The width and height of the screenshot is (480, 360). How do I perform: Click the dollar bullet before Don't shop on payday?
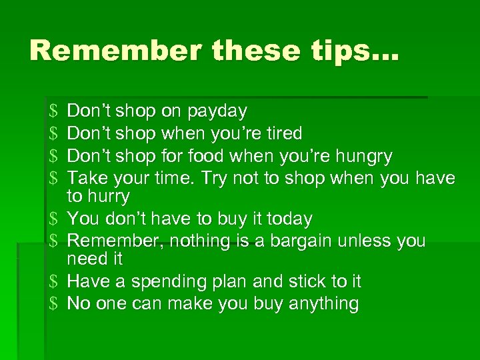tap(54, 111)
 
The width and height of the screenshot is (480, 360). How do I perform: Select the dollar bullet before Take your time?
tap(54, 179)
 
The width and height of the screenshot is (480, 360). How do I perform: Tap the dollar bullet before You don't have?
tap(54, 219)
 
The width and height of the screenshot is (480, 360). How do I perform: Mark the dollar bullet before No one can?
tap(54, 304)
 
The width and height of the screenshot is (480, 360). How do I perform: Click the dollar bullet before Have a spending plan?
tap(54, 282)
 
